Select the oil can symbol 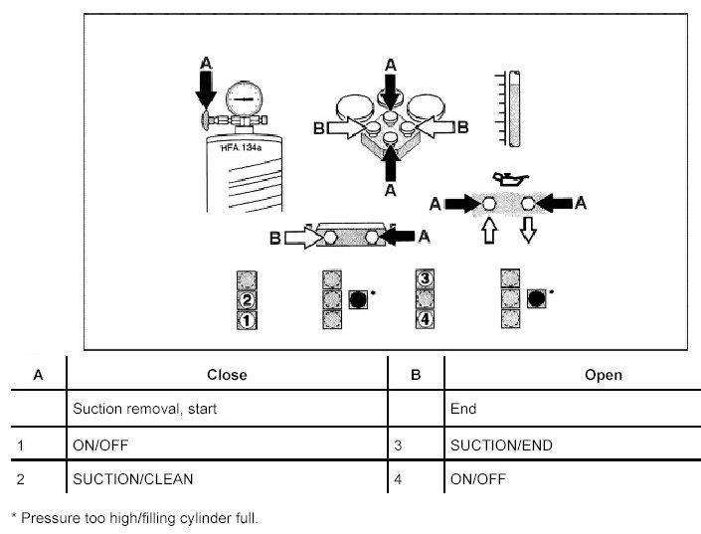click(510, 178)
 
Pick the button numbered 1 click(249, 320)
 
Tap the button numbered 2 click(249, 298)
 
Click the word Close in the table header click(227, 375)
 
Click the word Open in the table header click(605, 375)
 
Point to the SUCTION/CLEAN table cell click(133, 478)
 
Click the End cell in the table click(463, 409)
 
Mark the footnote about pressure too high click(134, 517)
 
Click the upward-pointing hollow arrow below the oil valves click(488, 231)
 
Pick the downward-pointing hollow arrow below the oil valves click(528, 231)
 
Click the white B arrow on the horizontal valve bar click(297, 239)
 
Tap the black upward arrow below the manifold click(390, 161)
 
